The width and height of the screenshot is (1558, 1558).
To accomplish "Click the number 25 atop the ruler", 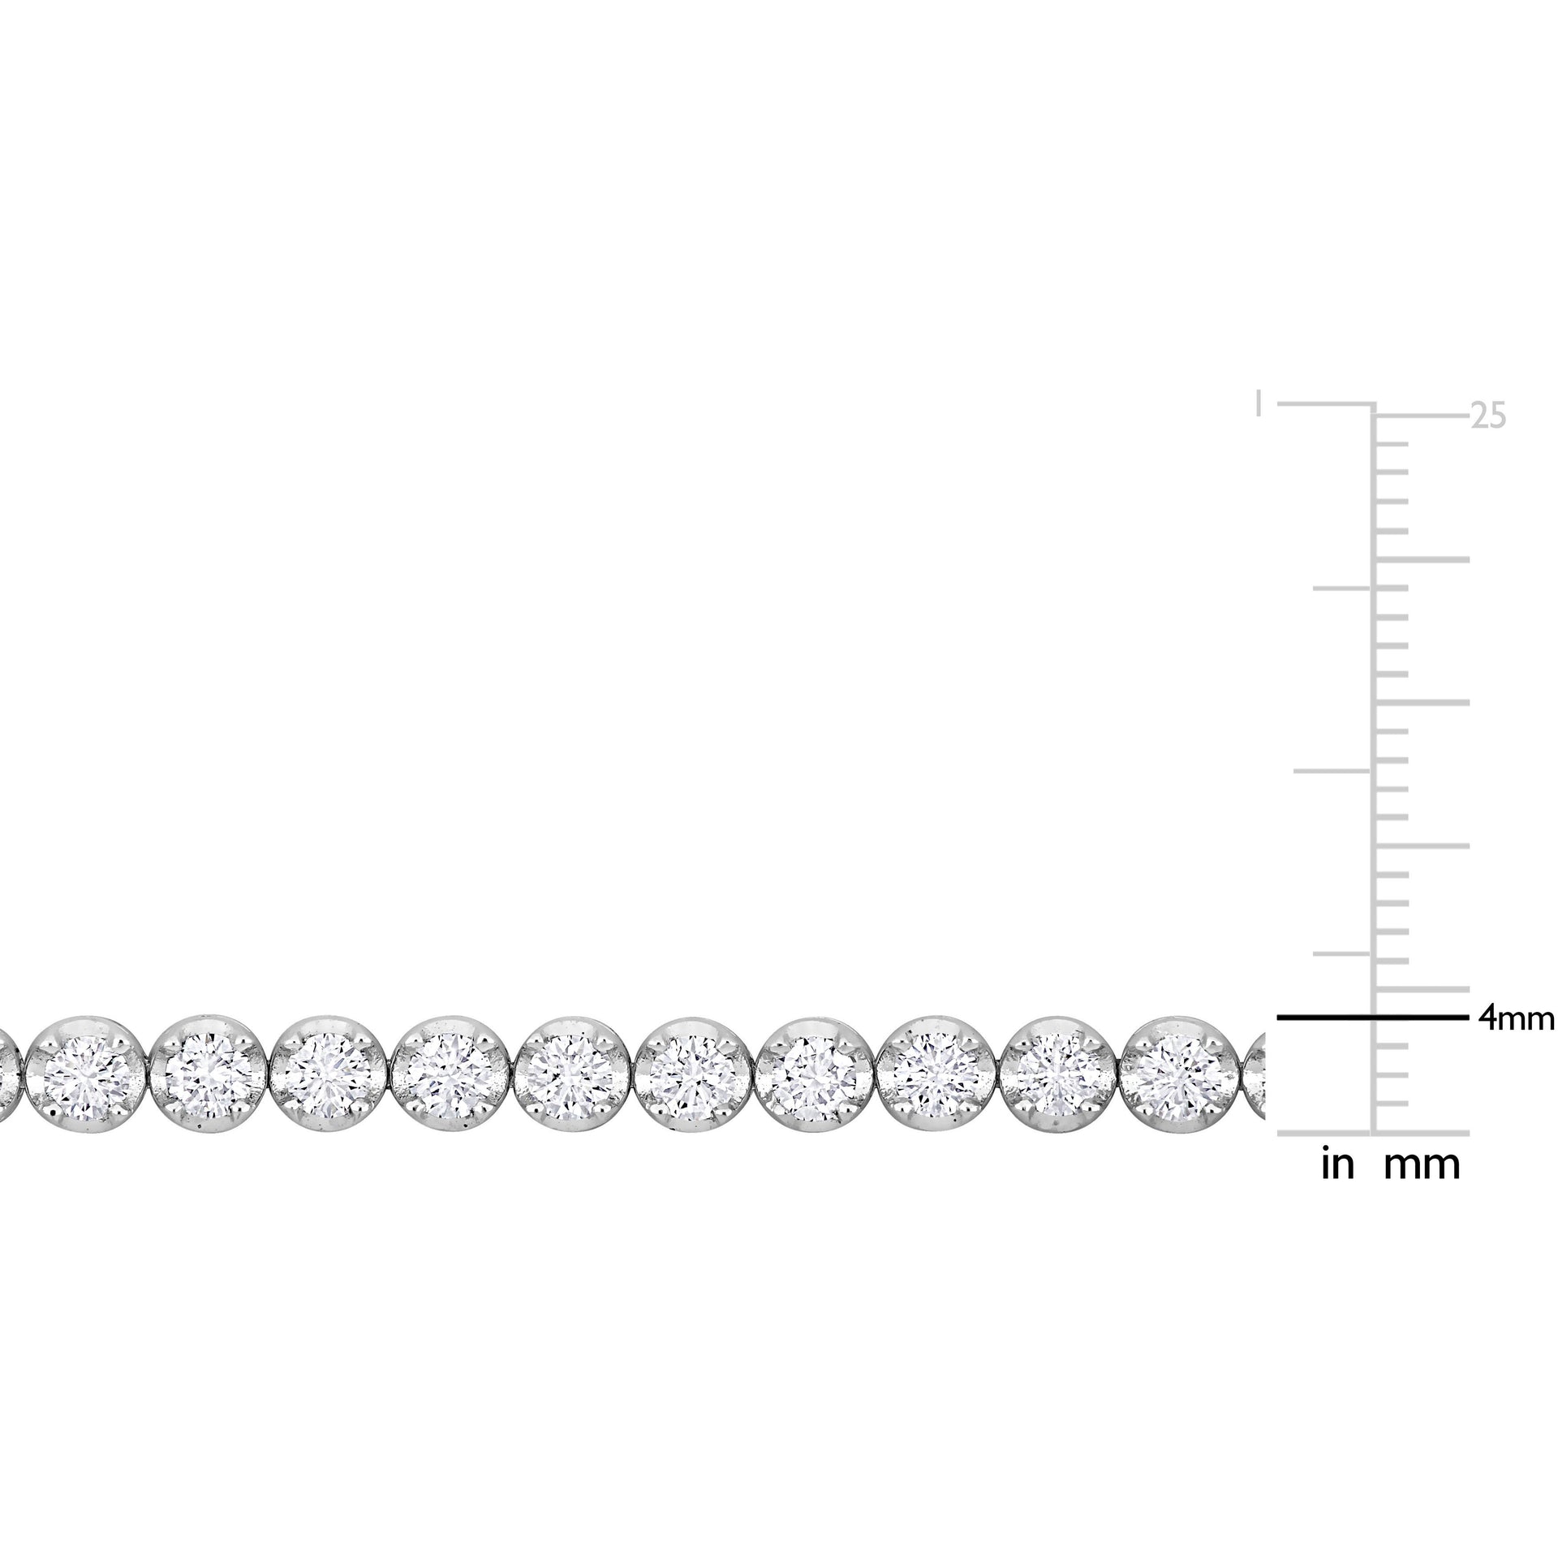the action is (1489, 416).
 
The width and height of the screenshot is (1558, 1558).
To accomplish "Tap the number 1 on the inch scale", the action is (1259, 402).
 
